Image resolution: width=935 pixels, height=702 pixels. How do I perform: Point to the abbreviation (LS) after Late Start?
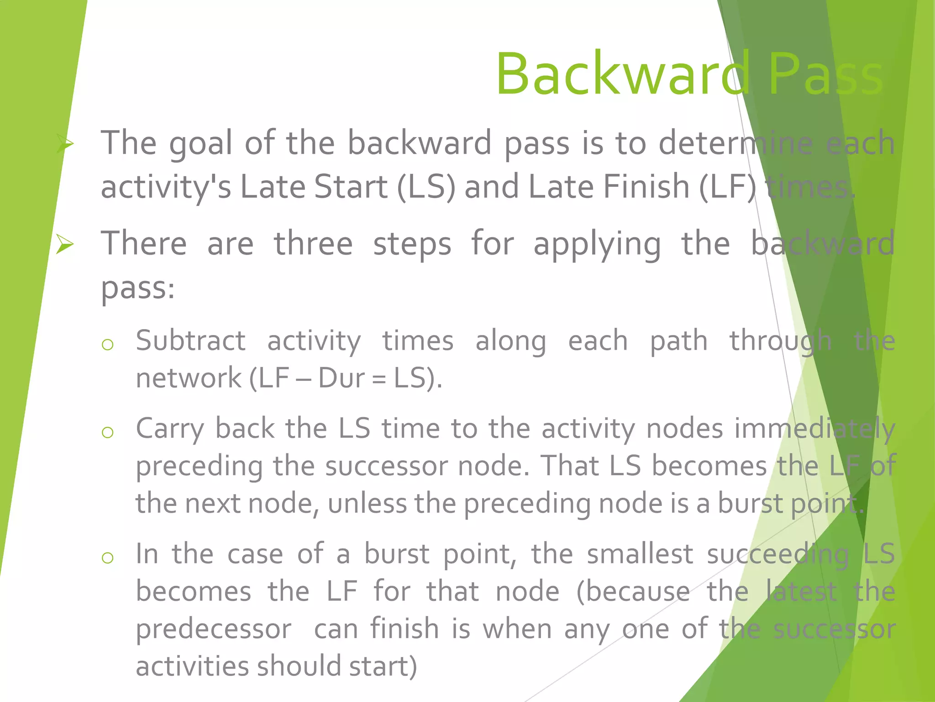point(426,187)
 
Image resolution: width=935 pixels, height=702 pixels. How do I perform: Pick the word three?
point(313,244)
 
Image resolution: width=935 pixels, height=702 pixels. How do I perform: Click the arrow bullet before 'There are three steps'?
point(65,244)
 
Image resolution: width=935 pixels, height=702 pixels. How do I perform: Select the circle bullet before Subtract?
point(108,345)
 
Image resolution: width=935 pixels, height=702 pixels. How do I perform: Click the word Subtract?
point(191,340)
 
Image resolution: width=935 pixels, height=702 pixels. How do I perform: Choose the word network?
point(189,378)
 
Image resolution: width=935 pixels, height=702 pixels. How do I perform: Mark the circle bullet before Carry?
point(108,432)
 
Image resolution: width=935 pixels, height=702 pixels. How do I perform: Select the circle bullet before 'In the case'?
point(108,558)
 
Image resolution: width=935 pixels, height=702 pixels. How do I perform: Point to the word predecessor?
point(214,629)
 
